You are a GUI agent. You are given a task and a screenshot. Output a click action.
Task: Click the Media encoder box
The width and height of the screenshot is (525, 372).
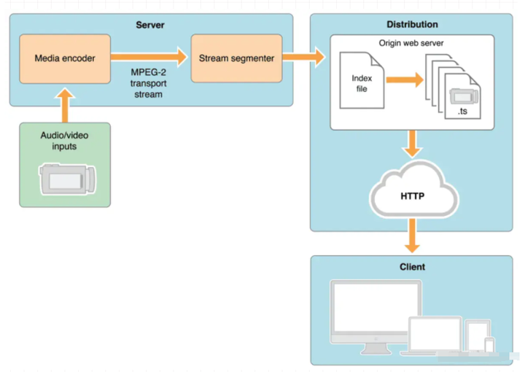click(x=65, y=58)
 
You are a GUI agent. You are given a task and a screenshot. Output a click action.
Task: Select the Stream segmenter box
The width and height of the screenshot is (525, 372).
click(x=236, y=58)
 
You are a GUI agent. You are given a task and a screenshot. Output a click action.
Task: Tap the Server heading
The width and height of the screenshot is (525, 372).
click(x=150, y=25)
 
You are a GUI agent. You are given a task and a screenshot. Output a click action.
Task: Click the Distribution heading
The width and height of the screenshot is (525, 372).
click(x=412, y=25)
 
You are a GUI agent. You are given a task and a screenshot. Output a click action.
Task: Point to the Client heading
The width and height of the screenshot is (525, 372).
click(x=412, y=267)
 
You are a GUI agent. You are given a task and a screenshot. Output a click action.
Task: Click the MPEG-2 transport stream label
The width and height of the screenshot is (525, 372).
click(x=148, y=83)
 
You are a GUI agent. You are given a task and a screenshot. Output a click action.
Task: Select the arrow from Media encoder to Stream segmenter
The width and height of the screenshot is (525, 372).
click(x=149, y=57)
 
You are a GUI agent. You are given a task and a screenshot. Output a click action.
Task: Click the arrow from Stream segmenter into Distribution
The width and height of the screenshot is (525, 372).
click(x=303, y=57)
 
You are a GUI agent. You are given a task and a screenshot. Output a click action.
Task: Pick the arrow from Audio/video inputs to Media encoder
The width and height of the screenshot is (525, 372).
click(x=65, y=105)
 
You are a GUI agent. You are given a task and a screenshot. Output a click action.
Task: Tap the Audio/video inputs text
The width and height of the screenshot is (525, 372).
click(x=64, y=141)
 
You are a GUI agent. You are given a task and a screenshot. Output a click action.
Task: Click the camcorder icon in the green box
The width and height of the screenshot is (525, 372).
click(x=68, y=179)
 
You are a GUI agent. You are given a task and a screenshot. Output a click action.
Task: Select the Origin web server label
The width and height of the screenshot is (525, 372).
click(x=411, y=43)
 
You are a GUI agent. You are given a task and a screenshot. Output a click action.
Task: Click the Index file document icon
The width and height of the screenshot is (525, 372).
click(x=362, y=80)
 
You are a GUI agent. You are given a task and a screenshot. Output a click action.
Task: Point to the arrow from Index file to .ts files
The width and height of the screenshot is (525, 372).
click(x=405, y=80)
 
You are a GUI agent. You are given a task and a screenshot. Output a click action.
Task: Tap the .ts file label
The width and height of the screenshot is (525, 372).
click(x=462, y=111)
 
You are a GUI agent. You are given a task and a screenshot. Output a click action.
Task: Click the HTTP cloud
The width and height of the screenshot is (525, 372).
click(x=414, y=190)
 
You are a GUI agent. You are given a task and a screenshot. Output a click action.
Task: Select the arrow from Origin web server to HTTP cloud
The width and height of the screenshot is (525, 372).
click(x=413, y=144)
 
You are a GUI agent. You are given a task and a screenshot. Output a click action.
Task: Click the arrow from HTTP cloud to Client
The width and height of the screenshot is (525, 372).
click(x=413, y=236)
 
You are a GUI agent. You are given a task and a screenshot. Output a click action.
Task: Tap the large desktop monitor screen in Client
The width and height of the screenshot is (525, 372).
click(x=376, y=306)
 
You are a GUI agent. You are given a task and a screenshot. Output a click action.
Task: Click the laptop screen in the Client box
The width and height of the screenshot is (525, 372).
click(x=435, y=333)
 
